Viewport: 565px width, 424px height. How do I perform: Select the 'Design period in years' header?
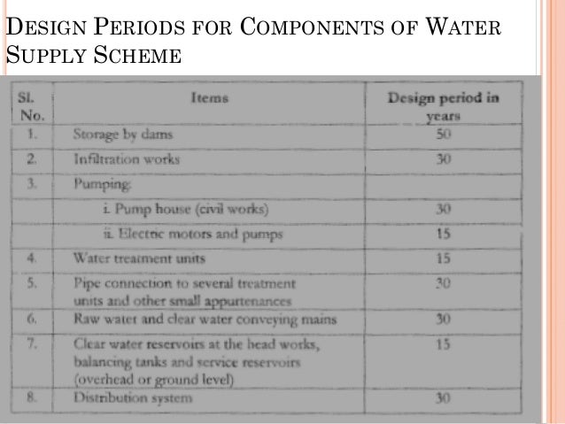point(443,105)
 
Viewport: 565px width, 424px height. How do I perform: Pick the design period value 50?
point(443,135)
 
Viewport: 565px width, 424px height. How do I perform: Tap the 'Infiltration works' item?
point(127,160)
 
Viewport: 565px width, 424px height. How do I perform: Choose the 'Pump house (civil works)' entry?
point(185,210)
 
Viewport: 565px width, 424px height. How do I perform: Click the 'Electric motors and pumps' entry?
point(189,235)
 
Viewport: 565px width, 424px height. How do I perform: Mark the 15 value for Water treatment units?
point(444,258)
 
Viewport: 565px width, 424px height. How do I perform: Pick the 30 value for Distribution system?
point(444,397)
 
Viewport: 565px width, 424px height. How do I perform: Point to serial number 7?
point(31,343)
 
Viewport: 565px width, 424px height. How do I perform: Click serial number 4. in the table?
point(31,259)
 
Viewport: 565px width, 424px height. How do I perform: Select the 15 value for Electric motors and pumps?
point(444,235)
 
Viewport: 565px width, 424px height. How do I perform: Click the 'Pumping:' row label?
point(103,185)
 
